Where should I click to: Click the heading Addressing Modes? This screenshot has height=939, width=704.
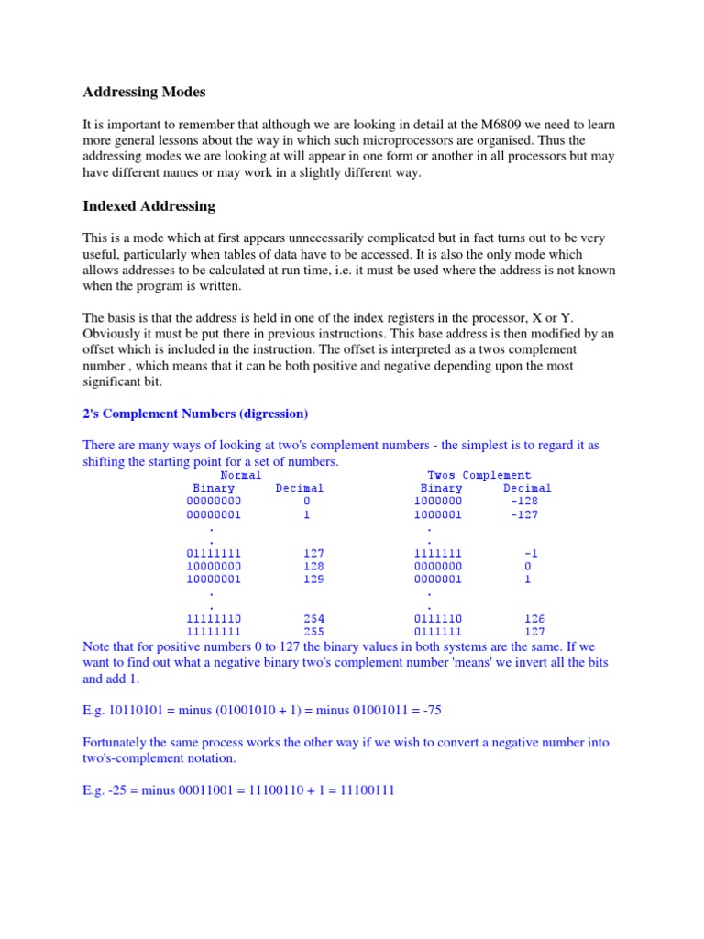144,92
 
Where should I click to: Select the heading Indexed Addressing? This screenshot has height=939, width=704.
148,206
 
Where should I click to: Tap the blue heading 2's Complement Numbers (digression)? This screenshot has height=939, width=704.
195,413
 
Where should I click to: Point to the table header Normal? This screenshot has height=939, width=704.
241,475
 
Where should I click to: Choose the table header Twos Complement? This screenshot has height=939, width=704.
479,475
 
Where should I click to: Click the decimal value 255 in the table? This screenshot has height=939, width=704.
313,632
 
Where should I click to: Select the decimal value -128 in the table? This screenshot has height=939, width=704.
524,502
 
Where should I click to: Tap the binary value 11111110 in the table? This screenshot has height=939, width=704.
214,619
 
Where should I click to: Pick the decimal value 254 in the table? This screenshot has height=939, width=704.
313,619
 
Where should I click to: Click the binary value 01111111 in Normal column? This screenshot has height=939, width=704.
214,554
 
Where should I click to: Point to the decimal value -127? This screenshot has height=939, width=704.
524,514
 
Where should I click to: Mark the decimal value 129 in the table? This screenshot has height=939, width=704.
313,580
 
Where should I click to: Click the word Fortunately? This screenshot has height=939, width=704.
116,742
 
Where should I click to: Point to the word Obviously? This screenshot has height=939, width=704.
115,335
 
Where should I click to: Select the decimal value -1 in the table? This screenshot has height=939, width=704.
530,554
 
